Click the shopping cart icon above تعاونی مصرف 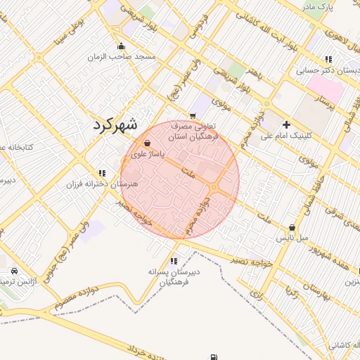click(193, 115)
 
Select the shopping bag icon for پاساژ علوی click(146, 143)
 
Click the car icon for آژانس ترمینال click(14, 271)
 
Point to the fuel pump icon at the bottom click(214, 357)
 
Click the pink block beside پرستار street click(326, 89)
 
